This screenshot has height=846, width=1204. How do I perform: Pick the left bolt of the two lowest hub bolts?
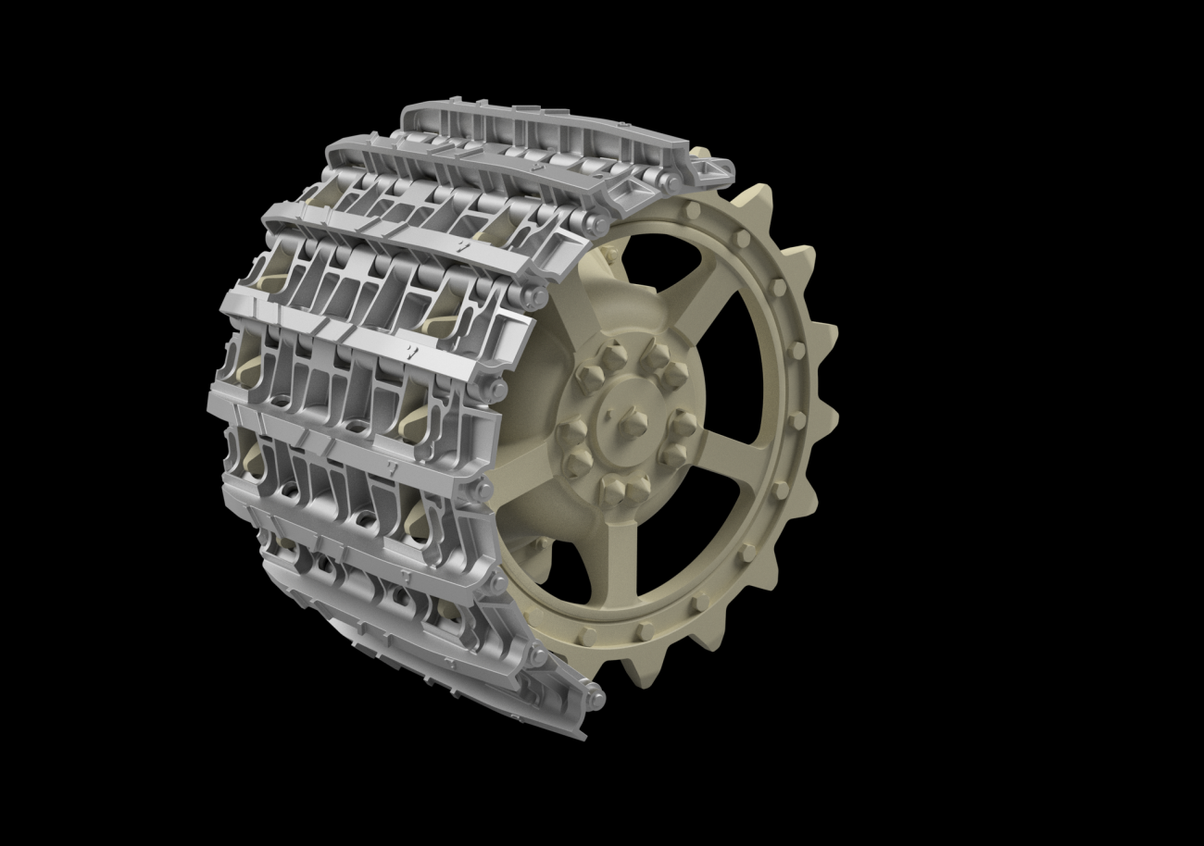(x=610, y=488)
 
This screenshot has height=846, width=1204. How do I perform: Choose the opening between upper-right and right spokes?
(x=746, y=370)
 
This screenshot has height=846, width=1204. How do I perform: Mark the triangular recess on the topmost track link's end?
(x=713, y=169)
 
